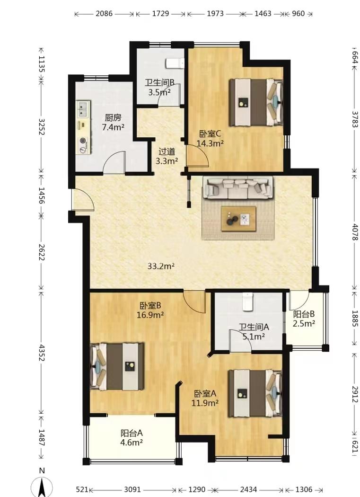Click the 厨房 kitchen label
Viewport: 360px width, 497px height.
113,117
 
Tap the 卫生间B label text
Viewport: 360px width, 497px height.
160,83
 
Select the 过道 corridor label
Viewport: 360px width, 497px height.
167,151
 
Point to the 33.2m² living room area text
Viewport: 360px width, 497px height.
161,266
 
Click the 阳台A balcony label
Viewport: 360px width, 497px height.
132,433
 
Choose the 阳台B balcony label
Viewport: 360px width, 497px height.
304,314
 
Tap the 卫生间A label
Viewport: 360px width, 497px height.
254,327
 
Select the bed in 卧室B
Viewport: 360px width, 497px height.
117,366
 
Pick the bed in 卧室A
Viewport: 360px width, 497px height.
255,393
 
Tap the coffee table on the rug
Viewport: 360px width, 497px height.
238,219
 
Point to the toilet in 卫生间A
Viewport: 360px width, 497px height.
247,302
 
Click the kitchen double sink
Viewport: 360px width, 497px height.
83,109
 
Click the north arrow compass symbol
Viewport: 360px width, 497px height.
42,487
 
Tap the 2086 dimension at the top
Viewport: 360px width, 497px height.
104,14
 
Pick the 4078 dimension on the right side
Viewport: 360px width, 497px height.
355,232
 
